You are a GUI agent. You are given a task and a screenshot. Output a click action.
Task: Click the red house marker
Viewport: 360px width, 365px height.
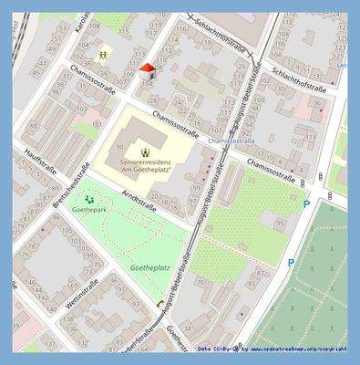149,71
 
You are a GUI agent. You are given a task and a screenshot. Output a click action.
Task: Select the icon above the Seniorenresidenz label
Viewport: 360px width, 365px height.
146,146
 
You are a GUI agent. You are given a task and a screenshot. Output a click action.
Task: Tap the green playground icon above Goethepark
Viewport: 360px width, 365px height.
89,198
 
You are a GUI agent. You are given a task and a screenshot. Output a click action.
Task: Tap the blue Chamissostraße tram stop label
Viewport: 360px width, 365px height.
231,142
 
